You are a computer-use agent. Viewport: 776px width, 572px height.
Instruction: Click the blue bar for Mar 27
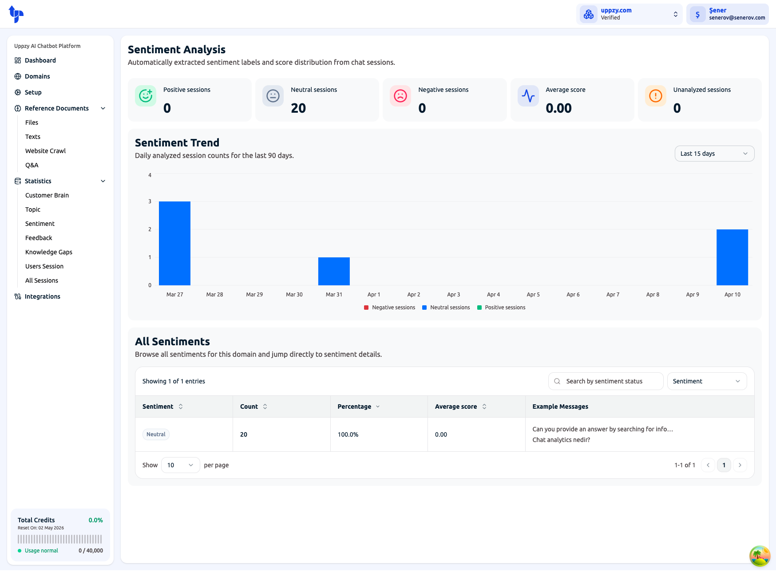point(174,243)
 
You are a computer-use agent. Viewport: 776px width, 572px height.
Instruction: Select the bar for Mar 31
point(334,271)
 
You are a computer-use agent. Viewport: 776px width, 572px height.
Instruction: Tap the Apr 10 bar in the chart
point(732,257)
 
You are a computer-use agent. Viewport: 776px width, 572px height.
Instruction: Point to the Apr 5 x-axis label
point(533,295)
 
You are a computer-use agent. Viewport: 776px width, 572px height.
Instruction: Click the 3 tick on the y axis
point(150,201)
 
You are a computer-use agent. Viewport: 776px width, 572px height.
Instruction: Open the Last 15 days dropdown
point(714,154)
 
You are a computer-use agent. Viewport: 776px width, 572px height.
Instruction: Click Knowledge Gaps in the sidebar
point(49,252)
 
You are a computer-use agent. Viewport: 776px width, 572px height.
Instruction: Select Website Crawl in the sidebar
point(45,151)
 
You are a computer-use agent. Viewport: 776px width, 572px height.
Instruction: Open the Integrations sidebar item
point(43,296)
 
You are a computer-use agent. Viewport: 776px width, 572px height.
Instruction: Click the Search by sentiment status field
point(606,381)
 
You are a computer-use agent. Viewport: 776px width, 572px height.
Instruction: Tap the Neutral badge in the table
point(156,434)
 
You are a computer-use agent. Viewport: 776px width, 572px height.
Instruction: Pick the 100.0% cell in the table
point(348,434)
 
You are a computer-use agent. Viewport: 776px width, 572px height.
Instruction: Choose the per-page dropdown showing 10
point(180,465)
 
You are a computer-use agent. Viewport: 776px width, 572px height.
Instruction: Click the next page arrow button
point(740,465)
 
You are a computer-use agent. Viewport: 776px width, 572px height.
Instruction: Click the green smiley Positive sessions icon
point(146,96)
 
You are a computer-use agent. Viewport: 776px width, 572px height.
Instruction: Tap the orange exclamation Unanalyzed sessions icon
point(655,96)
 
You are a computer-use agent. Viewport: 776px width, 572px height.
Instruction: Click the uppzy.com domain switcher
point(629,14)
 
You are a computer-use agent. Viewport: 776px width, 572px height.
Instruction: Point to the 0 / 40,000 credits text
point(91,551)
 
